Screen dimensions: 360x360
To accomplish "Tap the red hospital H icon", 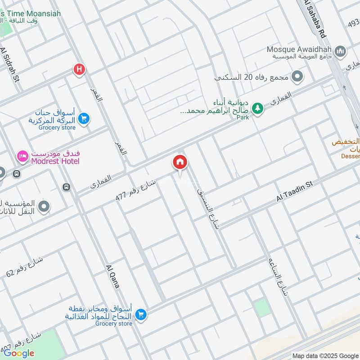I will tap(80, 70).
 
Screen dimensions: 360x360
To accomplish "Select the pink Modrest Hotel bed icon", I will tap(22, 156).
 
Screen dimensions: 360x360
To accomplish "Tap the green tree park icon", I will tap(257, 108).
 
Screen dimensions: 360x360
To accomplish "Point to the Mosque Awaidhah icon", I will tap(340, 50).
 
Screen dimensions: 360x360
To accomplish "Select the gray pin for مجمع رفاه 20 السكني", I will tap(297, 76).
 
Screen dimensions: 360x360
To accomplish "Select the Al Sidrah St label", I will tap(10, 65).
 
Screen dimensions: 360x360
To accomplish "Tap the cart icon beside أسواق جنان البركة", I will tap(83, 119).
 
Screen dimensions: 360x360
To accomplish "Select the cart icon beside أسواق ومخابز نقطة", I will tap(140, 314).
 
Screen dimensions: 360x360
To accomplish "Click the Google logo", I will tap(19, 353).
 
